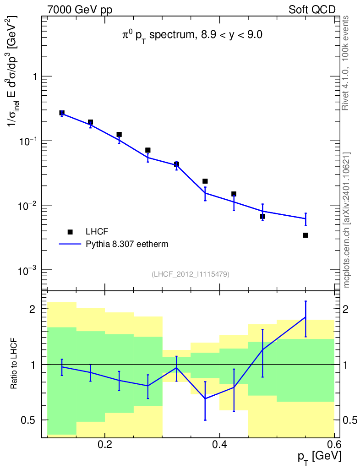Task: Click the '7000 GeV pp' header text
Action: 80,10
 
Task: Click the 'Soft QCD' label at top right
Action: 312,10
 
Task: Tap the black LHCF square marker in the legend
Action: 70,232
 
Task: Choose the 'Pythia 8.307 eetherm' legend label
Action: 127,244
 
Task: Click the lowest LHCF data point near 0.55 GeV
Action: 305,235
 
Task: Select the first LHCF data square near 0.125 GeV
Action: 62,113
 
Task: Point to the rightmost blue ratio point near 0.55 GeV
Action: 305,317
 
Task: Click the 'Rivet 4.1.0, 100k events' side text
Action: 346,62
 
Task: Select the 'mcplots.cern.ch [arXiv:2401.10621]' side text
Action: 346,220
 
